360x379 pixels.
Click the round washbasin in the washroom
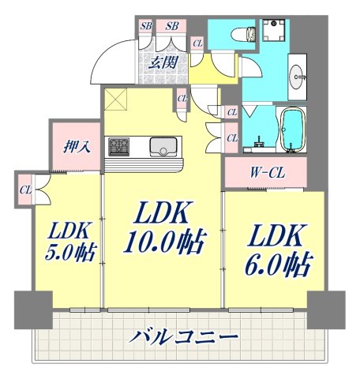(x=298, y=77)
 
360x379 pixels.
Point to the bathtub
(x=292, y=130)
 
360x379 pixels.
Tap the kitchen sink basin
(x=164, y=146)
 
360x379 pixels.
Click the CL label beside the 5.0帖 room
(x=24, y=189)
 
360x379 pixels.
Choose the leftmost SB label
(x=147, y=26)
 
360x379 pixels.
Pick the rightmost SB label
(x=172, y=26)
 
